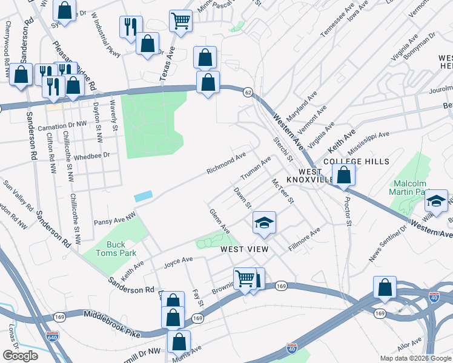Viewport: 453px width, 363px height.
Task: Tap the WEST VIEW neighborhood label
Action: coord(244,249)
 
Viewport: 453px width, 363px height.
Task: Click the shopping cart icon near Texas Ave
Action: coord(180,21)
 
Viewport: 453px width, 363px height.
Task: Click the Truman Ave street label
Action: coord(256,169)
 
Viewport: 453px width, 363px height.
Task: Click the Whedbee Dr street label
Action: coord(90,155)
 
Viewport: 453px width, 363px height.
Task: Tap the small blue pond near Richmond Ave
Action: coord(143,197)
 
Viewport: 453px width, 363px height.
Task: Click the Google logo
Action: coord(20,356)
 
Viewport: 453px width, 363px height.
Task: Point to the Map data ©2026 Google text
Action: coord(415,358)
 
